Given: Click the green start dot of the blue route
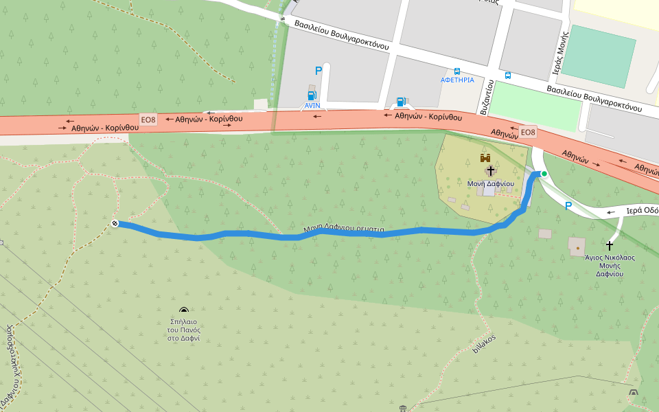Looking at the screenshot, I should [544, 174].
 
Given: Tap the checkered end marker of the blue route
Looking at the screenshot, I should [115, 223].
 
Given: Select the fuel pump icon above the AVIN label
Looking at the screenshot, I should [312, 95].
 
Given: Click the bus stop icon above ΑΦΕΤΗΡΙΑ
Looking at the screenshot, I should [457, 71].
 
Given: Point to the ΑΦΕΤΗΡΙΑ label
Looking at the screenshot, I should [457, 80].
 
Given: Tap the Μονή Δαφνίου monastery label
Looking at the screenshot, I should [490, 183].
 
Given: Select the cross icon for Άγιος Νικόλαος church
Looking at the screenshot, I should [610, 244].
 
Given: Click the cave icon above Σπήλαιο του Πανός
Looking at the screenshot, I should [183, 311].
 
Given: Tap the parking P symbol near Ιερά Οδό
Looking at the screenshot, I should [568, 205].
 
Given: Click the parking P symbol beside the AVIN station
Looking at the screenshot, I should [317, 71].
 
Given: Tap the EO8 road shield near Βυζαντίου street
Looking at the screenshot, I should [527, 132].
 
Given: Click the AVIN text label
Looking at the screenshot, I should [312, 106].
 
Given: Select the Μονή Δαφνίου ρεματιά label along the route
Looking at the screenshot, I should [344, 229].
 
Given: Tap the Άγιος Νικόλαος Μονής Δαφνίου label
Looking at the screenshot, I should [609, 265].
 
